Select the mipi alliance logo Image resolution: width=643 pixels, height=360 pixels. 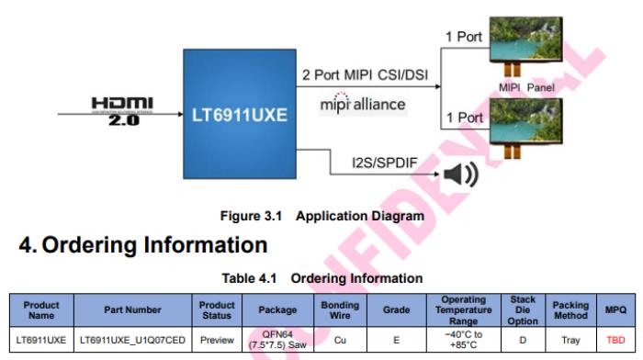click(363, 104)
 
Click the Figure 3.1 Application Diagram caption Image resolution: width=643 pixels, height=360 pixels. click(321, 216)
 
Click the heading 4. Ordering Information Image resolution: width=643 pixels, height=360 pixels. click(143, 245)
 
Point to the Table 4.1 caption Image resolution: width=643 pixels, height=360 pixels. click(321, 277)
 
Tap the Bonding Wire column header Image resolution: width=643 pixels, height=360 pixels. click(340, 310)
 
